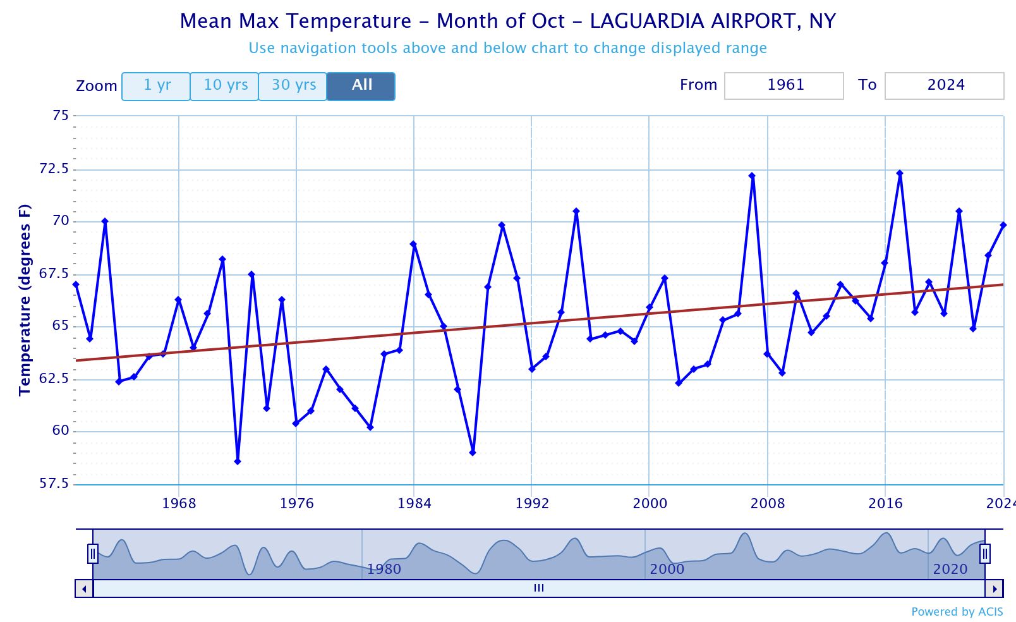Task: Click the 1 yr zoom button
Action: coord(156,86)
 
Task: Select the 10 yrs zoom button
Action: coord(225,86)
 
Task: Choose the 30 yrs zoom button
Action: coord(293,86)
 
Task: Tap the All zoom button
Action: coord(361,86)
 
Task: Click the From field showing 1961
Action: coord(783,85)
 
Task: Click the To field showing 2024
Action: coord(944,85)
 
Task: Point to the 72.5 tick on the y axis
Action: coord(54,169)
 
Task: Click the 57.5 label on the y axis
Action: coord(54,484)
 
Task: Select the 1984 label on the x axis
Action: coord(414,503)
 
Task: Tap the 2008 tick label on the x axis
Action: coord(767,503)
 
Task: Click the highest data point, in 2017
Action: coord(900,173)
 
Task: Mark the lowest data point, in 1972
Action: coord(238,461)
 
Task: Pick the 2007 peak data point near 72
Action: coord(752,176)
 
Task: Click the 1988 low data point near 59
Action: coord(473,453)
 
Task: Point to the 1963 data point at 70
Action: coord(105,221)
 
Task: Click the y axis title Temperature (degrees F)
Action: coord(25,300)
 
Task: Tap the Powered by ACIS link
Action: coord(957,611)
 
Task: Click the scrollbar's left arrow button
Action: coord(84,588)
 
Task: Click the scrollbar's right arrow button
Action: coord(995,588)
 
